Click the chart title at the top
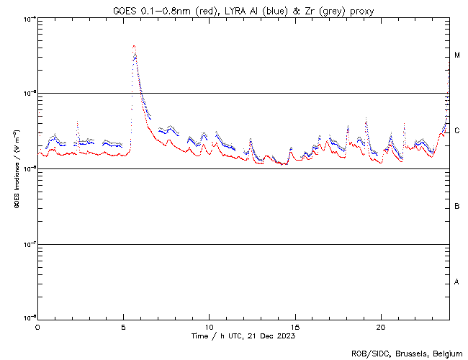pos(243,10)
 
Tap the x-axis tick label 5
pos(123,326)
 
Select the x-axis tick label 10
pos(210,326)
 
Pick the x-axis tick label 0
pos(37,326)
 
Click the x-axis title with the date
pos(243,336)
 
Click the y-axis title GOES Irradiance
pos(16,169)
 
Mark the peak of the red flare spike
pos(134,46)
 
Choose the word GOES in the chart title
pos(126,10)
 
